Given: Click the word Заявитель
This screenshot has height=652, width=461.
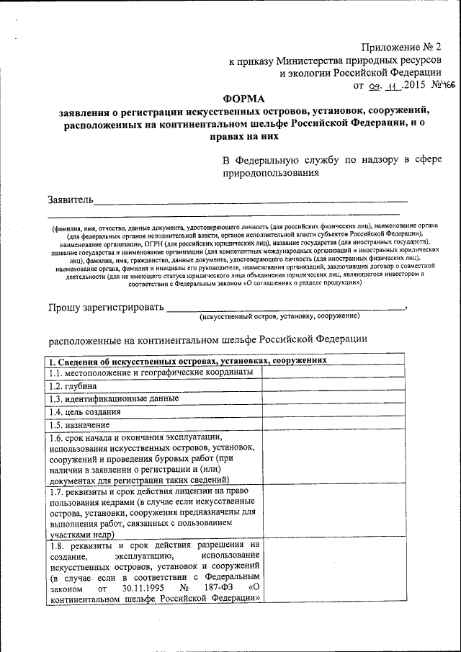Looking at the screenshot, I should (x=70, y=198).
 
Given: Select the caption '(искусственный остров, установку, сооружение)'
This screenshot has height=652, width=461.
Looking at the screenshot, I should (x=279, y=317).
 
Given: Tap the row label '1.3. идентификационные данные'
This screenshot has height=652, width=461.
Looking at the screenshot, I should (x=113, y=398).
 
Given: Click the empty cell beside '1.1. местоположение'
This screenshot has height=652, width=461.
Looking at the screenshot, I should (x=332, y=372).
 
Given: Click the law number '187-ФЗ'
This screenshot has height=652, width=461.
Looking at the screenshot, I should (x=214, y=587).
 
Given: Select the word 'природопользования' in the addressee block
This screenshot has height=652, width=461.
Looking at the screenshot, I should (x=269, y=172).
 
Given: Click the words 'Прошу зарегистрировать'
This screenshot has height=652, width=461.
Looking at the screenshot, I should (x=106, y=308).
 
